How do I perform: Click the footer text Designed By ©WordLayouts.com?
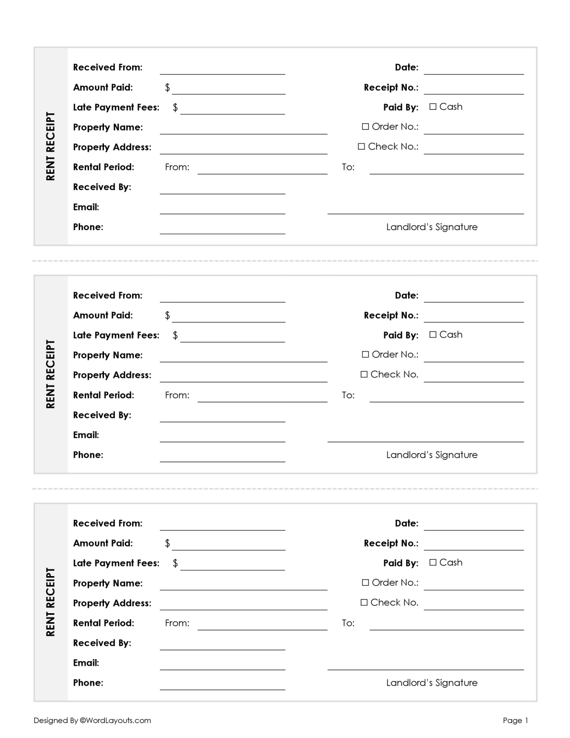[x=92, y=720]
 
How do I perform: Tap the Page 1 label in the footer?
[x=516, y=720]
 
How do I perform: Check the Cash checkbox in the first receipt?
[x=433, y=107]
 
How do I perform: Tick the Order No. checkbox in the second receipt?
[x=365, y=354]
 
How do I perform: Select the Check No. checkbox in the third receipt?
[x=364, y=602]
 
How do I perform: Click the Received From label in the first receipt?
[x=107, y=67]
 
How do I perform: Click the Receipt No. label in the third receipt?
[x=391, y=543]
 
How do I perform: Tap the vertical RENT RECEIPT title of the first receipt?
[x=50, y=147]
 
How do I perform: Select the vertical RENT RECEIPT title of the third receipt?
[x=50, y=602]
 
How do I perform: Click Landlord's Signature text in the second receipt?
[x=431, y=455]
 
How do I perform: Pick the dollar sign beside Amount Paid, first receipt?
[x=167, y=88]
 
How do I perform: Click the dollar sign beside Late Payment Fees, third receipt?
[x=175, y=563]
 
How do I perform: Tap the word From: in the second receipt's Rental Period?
[x=177, y=395]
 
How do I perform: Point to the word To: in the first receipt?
[x=348, y=167]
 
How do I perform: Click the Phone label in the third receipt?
[x=88, y=683]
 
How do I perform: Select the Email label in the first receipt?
[x=86, y=207]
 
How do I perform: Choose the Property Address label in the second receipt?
[x=112, y=375]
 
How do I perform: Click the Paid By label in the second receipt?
[x=400, y=335]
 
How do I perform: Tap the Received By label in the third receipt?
[x=102, y=643]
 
